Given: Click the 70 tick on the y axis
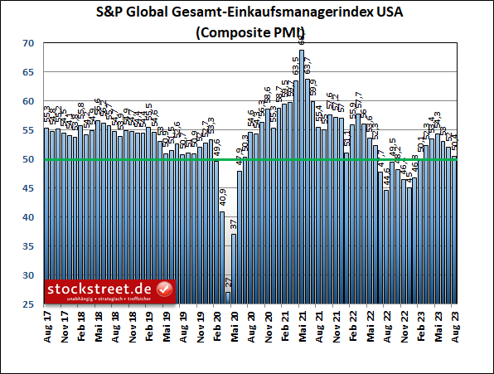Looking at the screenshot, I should pyautogui.click(x=28, y=43).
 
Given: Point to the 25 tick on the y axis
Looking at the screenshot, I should pyautogui.click(x=28, y=304).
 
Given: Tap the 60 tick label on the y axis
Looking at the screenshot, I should pyautogui.click(x=28, y=101).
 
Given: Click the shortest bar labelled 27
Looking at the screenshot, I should pyautogui.click(x=228, y=298).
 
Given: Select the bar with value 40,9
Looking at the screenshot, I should pyautogui.click(x=222, y=257).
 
